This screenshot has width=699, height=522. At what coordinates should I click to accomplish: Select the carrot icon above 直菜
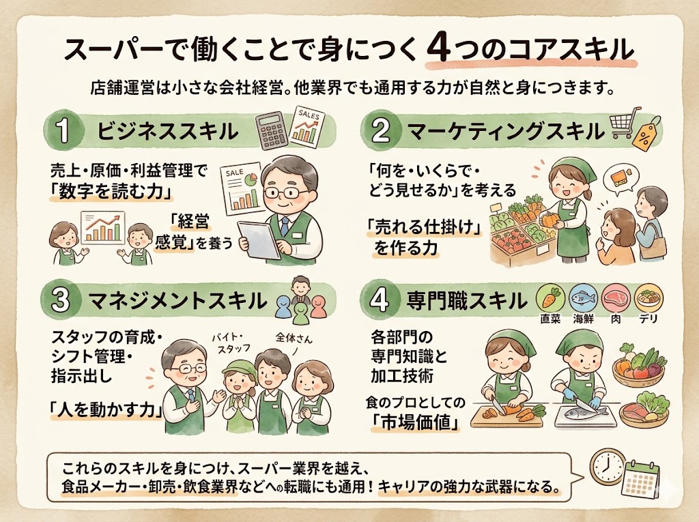click(550, 298)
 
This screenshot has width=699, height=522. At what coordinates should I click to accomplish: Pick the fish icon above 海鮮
click(582, 298)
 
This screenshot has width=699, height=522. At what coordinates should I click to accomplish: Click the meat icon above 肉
click(615, 298)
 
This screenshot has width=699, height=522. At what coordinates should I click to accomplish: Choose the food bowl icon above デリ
click(648, 298)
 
